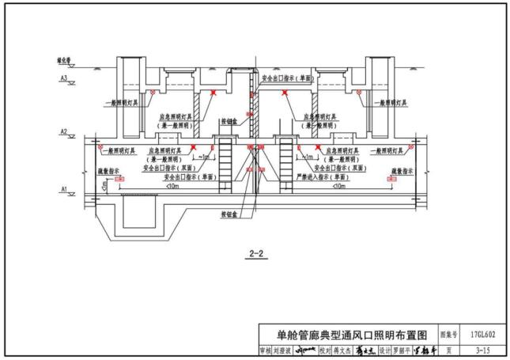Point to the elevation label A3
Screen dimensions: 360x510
pos(63,77)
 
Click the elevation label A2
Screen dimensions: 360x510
pos(63,131)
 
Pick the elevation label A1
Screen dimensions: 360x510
pos(63,188)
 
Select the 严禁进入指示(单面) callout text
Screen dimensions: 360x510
pos(320,177)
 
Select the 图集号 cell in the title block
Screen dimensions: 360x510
pos(448,335)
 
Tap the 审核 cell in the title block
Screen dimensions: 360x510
pos(265,349)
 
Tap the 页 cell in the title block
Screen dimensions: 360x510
pos(448,349)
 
